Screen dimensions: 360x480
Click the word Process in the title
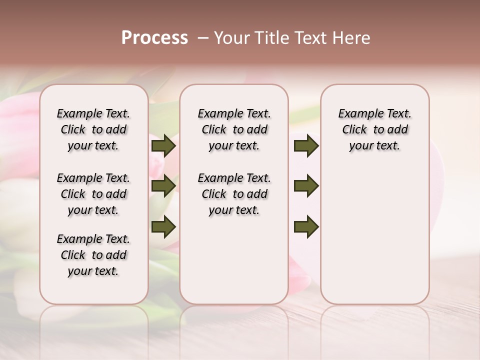tap(154, 38)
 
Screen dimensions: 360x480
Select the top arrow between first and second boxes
tap(163, 146)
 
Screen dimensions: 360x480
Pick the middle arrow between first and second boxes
tap(163, 186)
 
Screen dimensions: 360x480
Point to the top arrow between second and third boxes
tap(306, 146)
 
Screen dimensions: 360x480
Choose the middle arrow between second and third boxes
tap(306, 186)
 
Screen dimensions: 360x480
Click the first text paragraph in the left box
tap(93, 129)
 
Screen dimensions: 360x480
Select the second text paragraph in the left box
tap(93, 194)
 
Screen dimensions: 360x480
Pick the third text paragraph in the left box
tap(93, 255)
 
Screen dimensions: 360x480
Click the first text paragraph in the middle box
tap(234, 129)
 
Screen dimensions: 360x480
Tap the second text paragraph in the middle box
tap(234, 194)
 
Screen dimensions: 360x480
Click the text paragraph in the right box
tap(374, 129)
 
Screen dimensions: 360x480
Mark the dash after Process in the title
tap(203, 38)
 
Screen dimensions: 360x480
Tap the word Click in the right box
tap(354, 130)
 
